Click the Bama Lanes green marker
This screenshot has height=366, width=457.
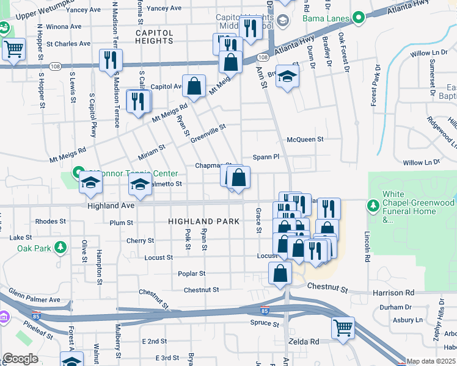359,17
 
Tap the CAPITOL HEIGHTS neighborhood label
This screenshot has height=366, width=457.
155,36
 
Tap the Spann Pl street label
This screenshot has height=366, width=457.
266,157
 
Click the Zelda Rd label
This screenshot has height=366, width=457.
305,342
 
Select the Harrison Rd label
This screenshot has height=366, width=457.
393,293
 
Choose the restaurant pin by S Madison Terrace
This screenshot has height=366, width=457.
111,60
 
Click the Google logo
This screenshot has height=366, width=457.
20,359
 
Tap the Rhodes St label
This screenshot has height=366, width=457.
50,221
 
